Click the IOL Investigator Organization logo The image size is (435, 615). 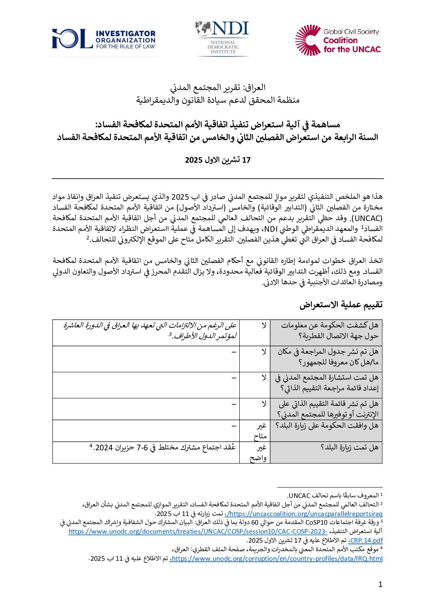(x=104, y=39)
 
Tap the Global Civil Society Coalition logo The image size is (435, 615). (x=338, y=40)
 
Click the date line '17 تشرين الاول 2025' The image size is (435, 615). (x=217, y=160)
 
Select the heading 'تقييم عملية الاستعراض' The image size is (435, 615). (x=341, y=304)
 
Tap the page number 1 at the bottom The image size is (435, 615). (x=380, y=584)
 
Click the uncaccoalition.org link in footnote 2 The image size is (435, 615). (x=304, y=514)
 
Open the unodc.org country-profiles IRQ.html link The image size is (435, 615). (x=276, y=558)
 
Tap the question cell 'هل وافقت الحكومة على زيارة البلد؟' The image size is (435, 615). (x=327, y=426)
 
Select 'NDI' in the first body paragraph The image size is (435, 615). (x=271, y=228)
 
